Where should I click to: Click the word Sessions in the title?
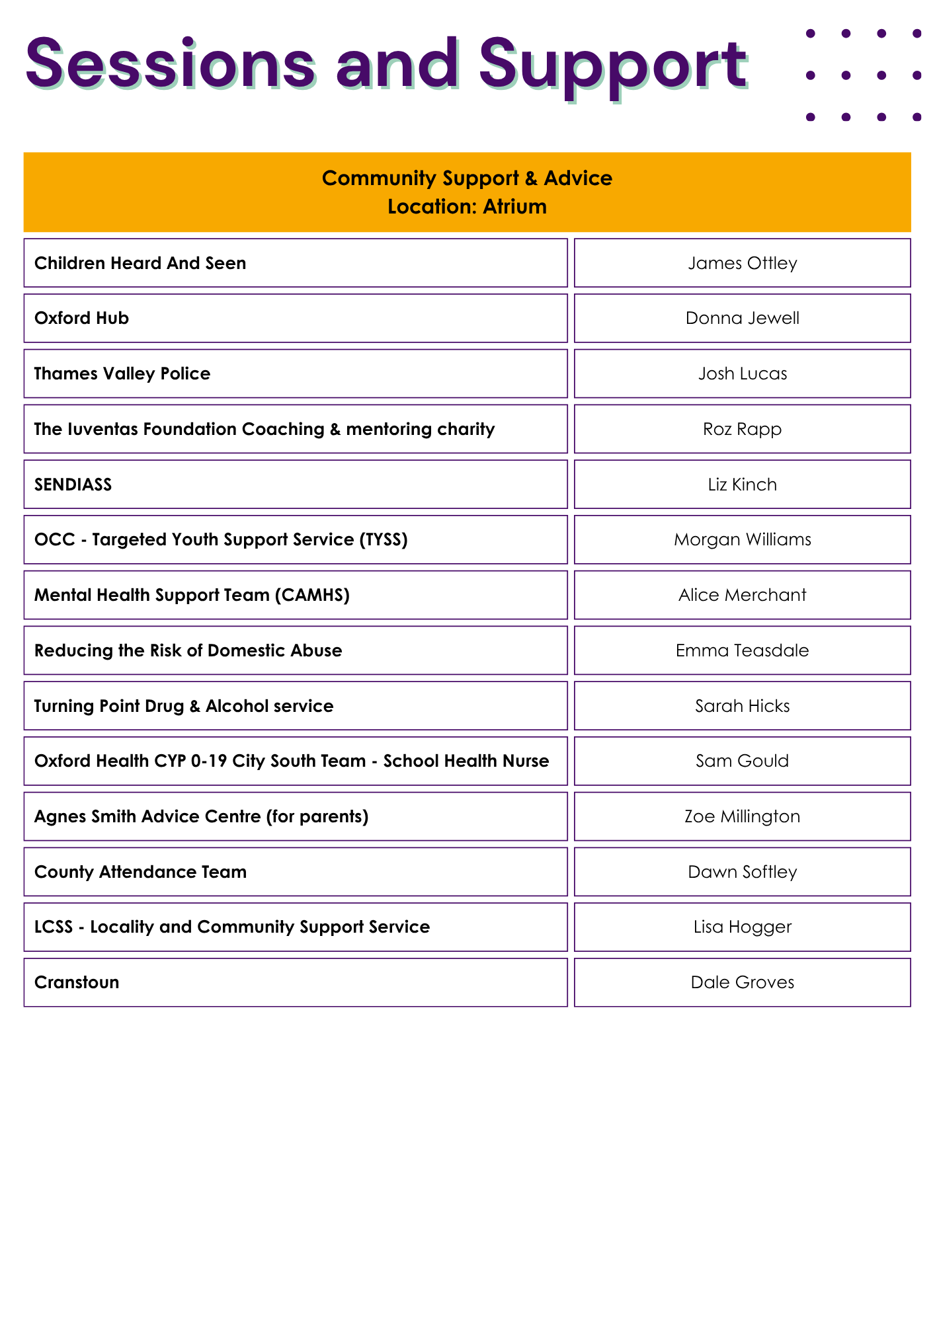(171, 65)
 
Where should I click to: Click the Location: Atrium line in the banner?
(467, 207)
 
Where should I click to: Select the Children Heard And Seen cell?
(140, 263)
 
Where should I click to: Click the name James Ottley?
(742, 263)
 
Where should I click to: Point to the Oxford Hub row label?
(81, 318)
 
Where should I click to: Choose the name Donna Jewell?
(742, 318)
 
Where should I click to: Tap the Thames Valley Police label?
(122, 373)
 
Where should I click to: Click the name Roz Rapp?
(742, 429)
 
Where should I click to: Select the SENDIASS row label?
(73, 485)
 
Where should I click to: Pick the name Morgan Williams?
(742, 539)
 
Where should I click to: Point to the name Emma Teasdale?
(742, 650)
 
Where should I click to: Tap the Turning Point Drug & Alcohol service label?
(184, 706)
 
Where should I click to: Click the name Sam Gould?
(742, 761)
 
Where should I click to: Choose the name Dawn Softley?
(742, 872)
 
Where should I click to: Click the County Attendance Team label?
(140, 872)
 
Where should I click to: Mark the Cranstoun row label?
(77, 982)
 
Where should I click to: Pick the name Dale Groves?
(742, 982)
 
